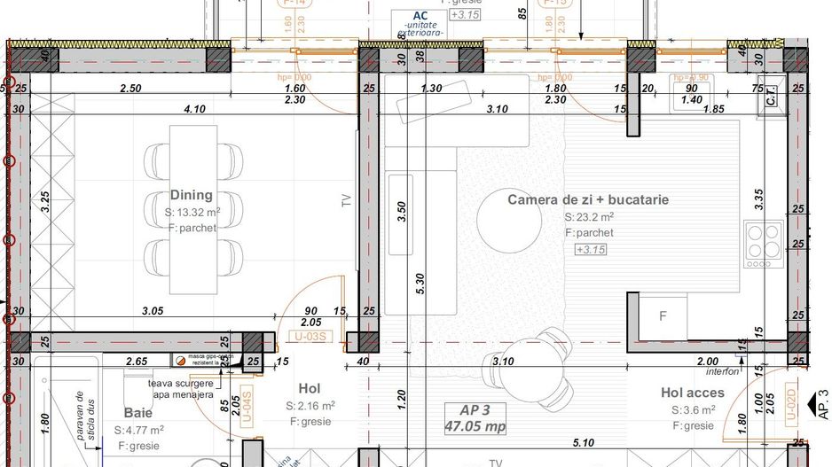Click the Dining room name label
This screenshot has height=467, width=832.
click(x=192, y=195)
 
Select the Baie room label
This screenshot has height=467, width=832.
click(x=138, y=413)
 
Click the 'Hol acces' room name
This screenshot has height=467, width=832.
click(x=692, y=393)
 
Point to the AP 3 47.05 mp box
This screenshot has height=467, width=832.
click(x=475, y=417)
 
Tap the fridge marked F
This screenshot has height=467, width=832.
click(x=663, y=315)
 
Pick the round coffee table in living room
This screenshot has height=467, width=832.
click(x=508, y=222)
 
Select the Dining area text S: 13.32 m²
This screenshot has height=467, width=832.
click(x=192, y=213)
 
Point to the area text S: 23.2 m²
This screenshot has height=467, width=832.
click(x=589, y=217)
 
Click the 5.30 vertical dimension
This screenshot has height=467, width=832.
click(x=420, y=284)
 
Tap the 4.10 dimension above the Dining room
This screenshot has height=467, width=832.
click(x=194, y=109)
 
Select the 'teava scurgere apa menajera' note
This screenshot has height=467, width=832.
click(x=181, y=389)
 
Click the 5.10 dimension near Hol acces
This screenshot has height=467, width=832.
click(x=584, y=443)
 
